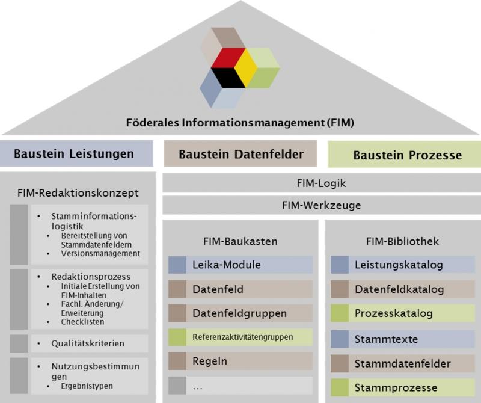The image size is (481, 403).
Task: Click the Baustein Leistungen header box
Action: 76,153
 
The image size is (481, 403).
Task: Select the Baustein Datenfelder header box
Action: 240,154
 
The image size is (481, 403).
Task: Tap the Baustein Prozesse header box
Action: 404,155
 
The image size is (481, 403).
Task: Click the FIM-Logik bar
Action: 321,183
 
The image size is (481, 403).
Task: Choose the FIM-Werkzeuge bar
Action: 321,205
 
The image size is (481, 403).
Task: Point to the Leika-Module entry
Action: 240,265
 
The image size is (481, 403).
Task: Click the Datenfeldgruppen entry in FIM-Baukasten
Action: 240,313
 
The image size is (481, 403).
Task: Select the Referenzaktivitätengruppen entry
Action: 240,337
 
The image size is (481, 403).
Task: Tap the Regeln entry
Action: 240,361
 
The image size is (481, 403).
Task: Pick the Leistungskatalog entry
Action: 403,265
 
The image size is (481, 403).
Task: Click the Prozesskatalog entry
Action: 403,313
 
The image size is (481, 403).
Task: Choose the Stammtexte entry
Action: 403,339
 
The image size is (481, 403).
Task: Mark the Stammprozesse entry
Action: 403,387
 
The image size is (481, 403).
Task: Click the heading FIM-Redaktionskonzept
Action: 79,193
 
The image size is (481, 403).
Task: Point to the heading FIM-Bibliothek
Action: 402,242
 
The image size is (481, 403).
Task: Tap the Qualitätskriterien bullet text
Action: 88,343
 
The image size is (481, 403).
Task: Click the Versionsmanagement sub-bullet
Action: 100,254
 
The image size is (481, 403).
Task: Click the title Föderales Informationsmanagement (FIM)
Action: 240,123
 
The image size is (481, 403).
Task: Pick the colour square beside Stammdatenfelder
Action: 340,363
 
